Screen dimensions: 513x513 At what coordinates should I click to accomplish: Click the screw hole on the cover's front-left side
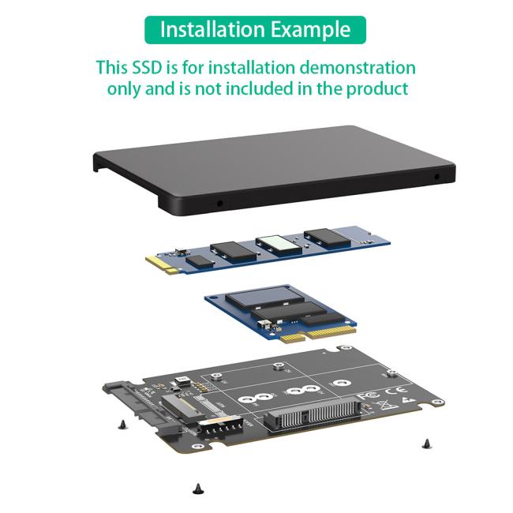(219, 204)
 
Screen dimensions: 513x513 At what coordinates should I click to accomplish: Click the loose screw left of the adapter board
(122, 425)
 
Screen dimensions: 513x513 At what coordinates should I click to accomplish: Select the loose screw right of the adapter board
(425, 442)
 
